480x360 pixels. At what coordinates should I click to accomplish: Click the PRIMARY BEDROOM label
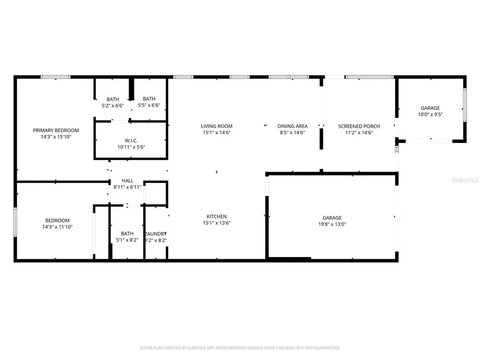[56, 130]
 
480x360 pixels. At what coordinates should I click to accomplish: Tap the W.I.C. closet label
[131, 140]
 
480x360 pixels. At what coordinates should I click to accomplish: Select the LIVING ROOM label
[217, 126]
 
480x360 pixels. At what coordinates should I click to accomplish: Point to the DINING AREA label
[292, 126]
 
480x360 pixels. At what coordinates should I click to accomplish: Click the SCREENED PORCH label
[359, 126]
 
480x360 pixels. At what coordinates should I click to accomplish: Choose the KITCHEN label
[217, 217]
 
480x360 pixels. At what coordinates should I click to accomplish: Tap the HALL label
[127, 181]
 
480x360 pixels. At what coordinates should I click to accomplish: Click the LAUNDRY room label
[156, 234]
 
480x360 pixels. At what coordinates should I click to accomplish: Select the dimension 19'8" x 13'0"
[332, 224]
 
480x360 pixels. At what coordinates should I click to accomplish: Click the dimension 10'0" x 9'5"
[430, 114]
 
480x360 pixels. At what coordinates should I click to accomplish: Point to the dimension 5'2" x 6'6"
[113, 106]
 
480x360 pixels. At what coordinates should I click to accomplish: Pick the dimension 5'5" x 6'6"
[149, 106]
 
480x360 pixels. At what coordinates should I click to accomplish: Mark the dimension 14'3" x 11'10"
[57, 227]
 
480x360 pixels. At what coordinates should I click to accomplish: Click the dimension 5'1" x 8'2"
[127, 240]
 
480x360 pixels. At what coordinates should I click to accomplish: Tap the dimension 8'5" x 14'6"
[292, 133]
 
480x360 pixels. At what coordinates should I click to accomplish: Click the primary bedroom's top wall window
[55, 77]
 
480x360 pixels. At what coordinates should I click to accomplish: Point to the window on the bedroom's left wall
[15, 221]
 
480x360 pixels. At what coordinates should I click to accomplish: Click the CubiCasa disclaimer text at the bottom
[239, 348]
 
